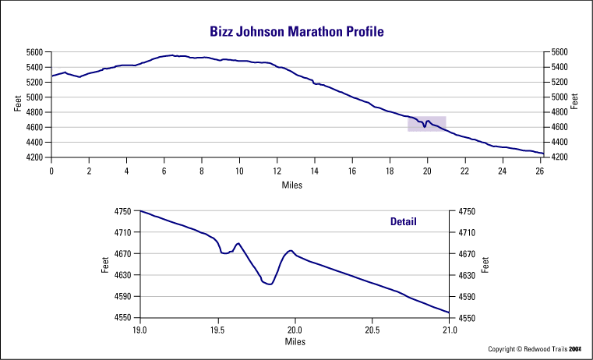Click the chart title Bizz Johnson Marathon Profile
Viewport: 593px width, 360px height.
click(x=297, y=32)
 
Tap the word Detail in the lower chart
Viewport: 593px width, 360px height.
click(x=403, y=221)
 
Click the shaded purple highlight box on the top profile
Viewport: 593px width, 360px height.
click(x=426, y=123)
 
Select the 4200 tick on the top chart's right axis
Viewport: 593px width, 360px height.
click(x=559, y=157)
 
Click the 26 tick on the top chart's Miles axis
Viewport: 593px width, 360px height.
click(x=540, y=171)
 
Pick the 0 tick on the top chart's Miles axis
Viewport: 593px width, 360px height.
click(x=51, y=171)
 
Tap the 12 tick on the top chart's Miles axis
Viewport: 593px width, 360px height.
click(x=277, y=171)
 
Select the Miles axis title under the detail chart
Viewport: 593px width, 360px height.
click(x=295, y=341)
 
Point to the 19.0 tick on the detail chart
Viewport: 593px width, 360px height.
click(x=139, y=330)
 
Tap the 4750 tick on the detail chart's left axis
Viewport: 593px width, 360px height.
click(x=124, y=211)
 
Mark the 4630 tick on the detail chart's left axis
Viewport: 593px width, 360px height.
click(x=124, y=275)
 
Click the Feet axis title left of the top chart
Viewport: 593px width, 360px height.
click(x=18, y=104)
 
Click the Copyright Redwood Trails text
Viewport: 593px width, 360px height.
click(x=535, y=349)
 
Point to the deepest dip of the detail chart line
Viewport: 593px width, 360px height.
click(x=270, y=284)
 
